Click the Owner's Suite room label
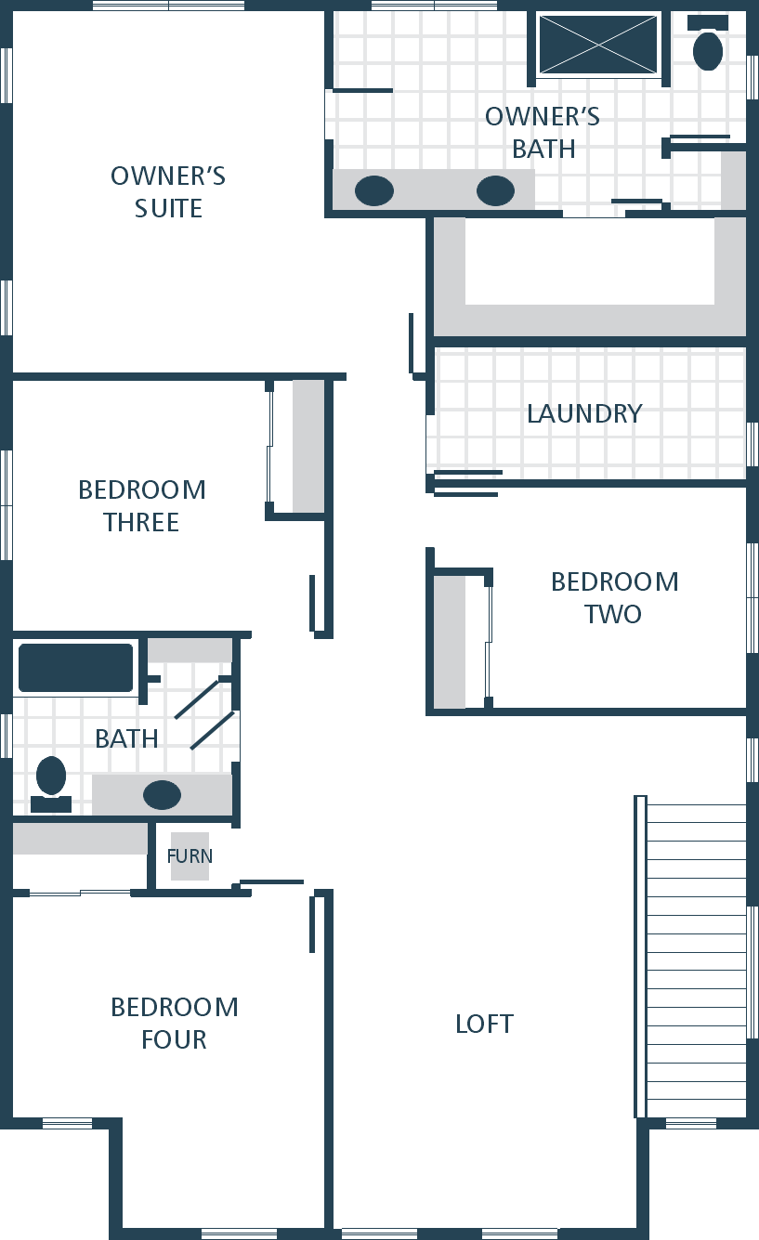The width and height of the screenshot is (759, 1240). pos(168,192)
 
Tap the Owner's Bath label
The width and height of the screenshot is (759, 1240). pos(543,133)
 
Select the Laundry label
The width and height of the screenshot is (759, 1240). pos(584,413)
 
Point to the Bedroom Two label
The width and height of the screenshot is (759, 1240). pos(614,598)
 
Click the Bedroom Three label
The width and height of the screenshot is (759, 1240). pos(142,506)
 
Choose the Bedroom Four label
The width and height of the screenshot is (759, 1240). pos(175,1023)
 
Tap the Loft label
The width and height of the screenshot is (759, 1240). pos(484,1025)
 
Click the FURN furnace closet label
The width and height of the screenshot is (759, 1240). pos(190,855)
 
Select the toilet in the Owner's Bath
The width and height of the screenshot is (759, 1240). pos(708,43)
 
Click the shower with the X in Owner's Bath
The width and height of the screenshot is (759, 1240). pos(598,45)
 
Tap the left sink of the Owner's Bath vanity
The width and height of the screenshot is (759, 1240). pos(374,190)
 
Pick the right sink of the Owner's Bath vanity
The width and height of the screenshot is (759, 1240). pos(495,190)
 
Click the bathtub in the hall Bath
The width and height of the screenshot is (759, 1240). pos(76,668)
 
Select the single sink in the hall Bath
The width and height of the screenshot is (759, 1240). pos(162,795)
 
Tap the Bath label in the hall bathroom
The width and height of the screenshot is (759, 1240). pos(126,738)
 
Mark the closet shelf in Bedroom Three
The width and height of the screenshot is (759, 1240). pos(308,446)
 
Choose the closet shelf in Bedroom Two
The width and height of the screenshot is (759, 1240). pos(449,642)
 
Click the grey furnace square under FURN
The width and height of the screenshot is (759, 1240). pos(190,856)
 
